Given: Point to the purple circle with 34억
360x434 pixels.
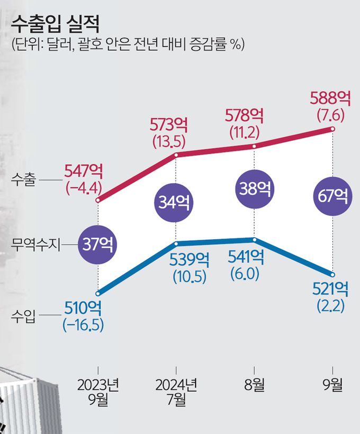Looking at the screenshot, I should tap(175, 202).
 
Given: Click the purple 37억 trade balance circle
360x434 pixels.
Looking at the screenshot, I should tap(98, 244).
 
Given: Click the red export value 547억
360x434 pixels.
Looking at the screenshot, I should tap(83, 171).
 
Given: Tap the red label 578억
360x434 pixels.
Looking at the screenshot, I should tap(245, 115).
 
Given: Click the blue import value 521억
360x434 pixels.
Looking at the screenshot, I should tap(331, 289).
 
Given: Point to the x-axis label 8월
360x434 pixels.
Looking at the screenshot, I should tap(255, 384).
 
